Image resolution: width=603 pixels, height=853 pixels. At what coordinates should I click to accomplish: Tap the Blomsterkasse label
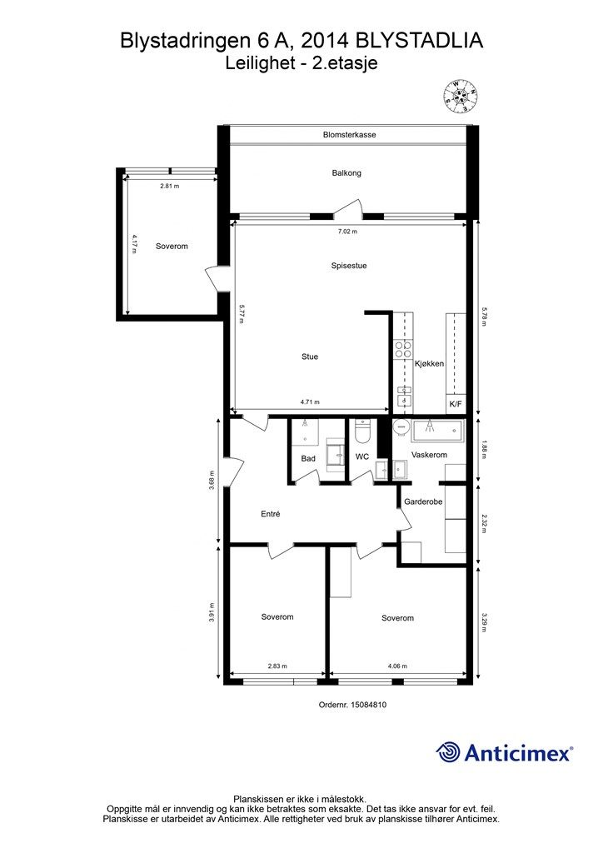click(349, 134)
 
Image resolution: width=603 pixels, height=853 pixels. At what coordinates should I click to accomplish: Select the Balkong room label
click(346, 173)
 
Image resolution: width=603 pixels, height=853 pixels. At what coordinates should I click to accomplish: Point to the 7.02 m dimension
click(347, 232)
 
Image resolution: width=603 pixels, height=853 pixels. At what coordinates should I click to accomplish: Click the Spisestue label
click(348, 266)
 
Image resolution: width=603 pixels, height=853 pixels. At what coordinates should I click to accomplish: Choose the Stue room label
click(309, 357)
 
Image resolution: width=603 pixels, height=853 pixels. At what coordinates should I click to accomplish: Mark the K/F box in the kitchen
click(456, 404)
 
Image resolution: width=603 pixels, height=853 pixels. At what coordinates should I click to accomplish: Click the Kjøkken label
click(430, 363)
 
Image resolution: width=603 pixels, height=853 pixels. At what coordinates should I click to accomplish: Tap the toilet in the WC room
click(361, 431)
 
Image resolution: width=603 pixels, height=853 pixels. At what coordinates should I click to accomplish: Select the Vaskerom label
click(430, 455)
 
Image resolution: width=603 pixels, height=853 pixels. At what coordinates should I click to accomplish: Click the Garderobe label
click(423, 501)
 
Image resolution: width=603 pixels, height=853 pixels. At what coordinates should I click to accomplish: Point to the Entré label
click(270, 513)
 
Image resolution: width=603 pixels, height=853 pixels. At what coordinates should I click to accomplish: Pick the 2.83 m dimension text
click(277, 666)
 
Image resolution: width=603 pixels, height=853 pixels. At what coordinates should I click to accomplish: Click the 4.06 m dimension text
click(397, 666)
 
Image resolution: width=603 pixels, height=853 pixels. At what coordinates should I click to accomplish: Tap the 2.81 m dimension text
click(170, 186)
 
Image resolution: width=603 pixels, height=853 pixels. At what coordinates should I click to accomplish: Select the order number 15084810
click(368, 705)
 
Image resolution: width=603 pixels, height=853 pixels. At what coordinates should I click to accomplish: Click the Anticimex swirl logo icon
click(448, 752)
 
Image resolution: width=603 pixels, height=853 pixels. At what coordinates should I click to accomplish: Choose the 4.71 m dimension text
click(310, 402)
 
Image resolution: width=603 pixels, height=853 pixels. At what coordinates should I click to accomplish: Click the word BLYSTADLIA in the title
click(419, 42)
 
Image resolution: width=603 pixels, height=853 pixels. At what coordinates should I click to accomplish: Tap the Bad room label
click(308, 459)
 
